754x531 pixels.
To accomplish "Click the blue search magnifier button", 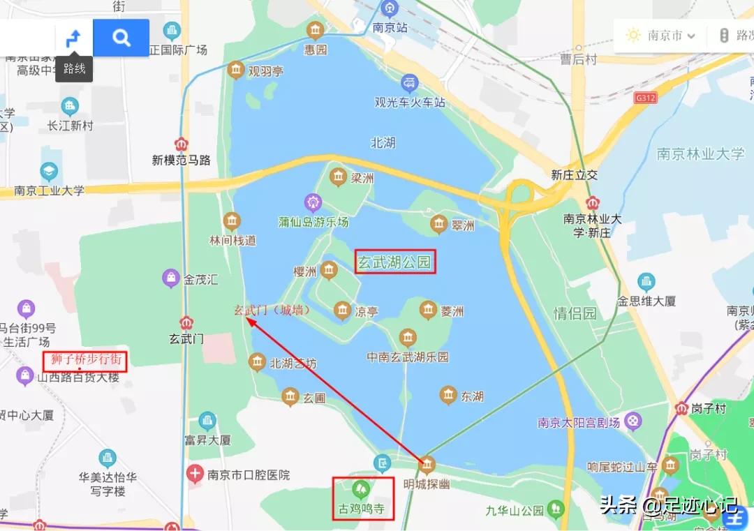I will pos(121,38).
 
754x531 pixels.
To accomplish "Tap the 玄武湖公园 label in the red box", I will pos(395,262).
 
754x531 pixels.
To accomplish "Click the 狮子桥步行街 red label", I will pos(86,360).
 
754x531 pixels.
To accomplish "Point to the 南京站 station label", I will pos(390,28).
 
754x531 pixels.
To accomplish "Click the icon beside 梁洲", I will pos(339,177).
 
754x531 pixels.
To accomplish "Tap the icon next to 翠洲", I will pos(438,224).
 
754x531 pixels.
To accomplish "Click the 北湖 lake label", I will pos(383,142).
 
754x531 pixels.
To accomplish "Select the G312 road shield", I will pos(646,98).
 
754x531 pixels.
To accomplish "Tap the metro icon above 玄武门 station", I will pos(186,323).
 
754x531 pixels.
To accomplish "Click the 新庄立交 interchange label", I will pos(575,174).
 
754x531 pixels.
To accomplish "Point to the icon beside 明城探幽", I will pos(427,464).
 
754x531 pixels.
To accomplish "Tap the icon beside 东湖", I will pos(448,396).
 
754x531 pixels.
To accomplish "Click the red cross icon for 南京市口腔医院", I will pos(195,474).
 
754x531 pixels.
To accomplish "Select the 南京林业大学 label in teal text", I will pos(701,154).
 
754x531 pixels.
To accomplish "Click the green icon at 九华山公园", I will pos(556,509).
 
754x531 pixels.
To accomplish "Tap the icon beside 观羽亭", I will pos(236,70).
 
